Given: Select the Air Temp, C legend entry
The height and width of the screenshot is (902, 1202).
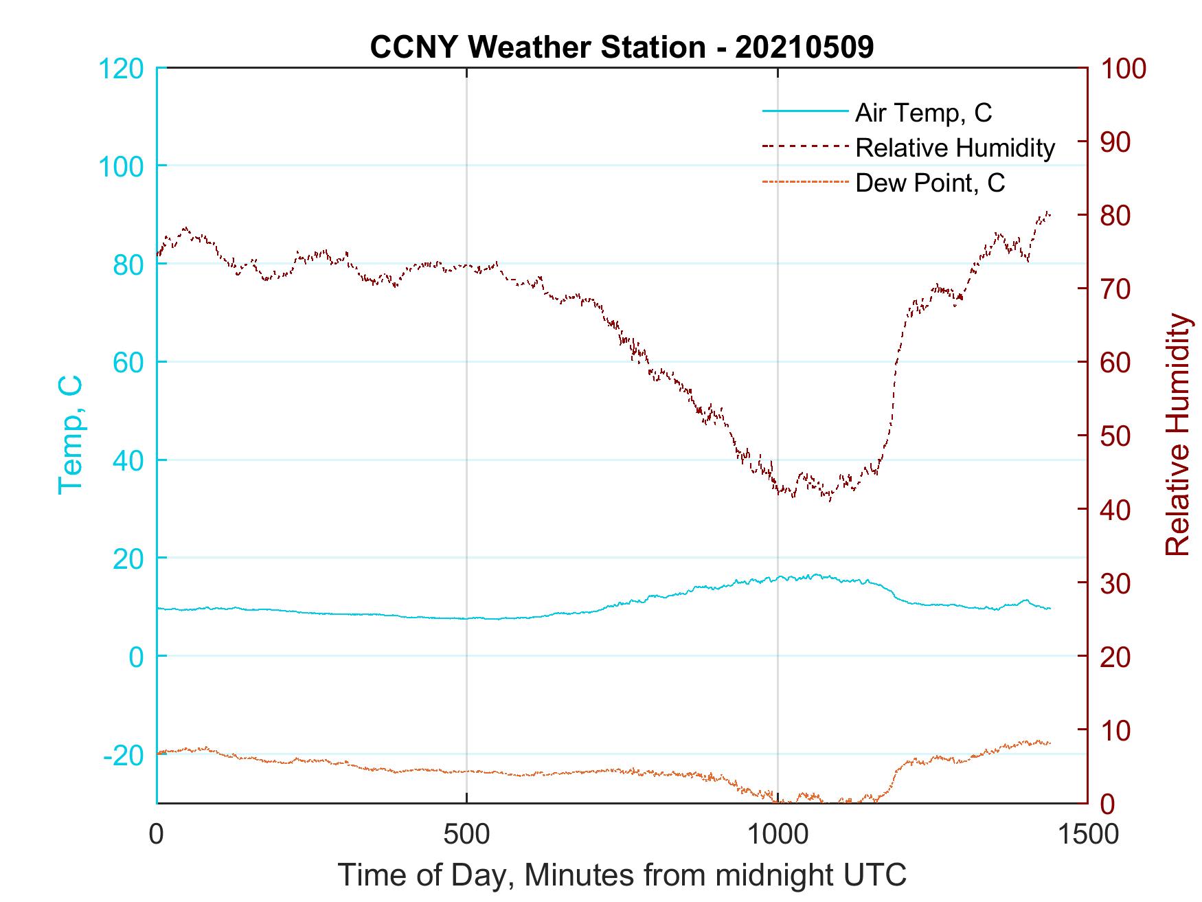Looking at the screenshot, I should tap(923, 112).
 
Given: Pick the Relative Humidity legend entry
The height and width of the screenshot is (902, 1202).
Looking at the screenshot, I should tap(955, 148).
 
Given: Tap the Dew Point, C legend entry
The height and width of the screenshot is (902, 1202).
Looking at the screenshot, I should tap(929, 183).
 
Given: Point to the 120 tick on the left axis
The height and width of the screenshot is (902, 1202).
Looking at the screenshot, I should tap(121, 69).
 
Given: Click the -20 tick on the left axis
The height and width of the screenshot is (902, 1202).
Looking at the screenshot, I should tap(124, 755).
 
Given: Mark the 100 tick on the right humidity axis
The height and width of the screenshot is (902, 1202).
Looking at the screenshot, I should tap(1124, 69).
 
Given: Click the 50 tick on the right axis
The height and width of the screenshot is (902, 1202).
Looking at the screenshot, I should tap(1116, 436).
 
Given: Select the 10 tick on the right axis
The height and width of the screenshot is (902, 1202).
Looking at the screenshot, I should tap(1116, 730).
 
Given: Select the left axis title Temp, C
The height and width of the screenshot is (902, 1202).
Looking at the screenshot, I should tap(70, 434).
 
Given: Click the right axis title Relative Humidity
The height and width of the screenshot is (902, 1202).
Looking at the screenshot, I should tap(1177, 434).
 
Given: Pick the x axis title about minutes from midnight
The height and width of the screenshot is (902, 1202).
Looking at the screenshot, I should tap(622, 875).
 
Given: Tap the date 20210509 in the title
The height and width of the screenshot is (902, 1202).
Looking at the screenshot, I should tap(804, 47).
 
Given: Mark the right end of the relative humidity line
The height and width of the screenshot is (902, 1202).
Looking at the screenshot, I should tap(1050, 215).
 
